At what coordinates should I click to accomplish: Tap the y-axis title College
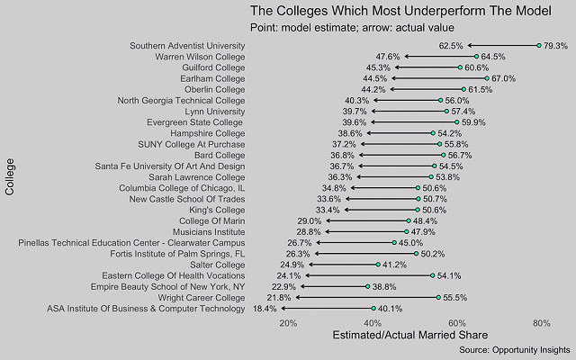coord(10,176)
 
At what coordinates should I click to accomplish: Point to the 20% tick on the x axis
coord(288,323)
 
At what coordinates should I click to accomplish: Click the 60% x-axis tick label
coord(457,323)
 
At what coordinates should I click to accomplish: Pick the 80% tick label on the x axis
coord(541,323)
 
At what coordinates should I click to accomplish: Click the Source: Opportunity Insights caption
coord(513,349)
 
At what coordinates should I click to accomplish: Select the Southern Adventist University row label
coord(187,45)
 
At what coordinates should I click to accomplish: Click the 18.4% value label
coord(265,309)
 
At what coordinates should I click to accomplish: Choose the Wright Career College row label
coord(201,297)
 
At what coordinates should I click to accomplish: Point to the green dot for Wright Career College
coord(438,297)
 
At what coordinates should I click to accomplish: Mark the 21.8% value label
coord(279,297)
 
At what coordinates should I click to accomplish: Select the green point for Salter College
coord(378,265)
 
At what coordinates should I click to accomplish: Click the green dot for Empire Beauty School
coord(368,286)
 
